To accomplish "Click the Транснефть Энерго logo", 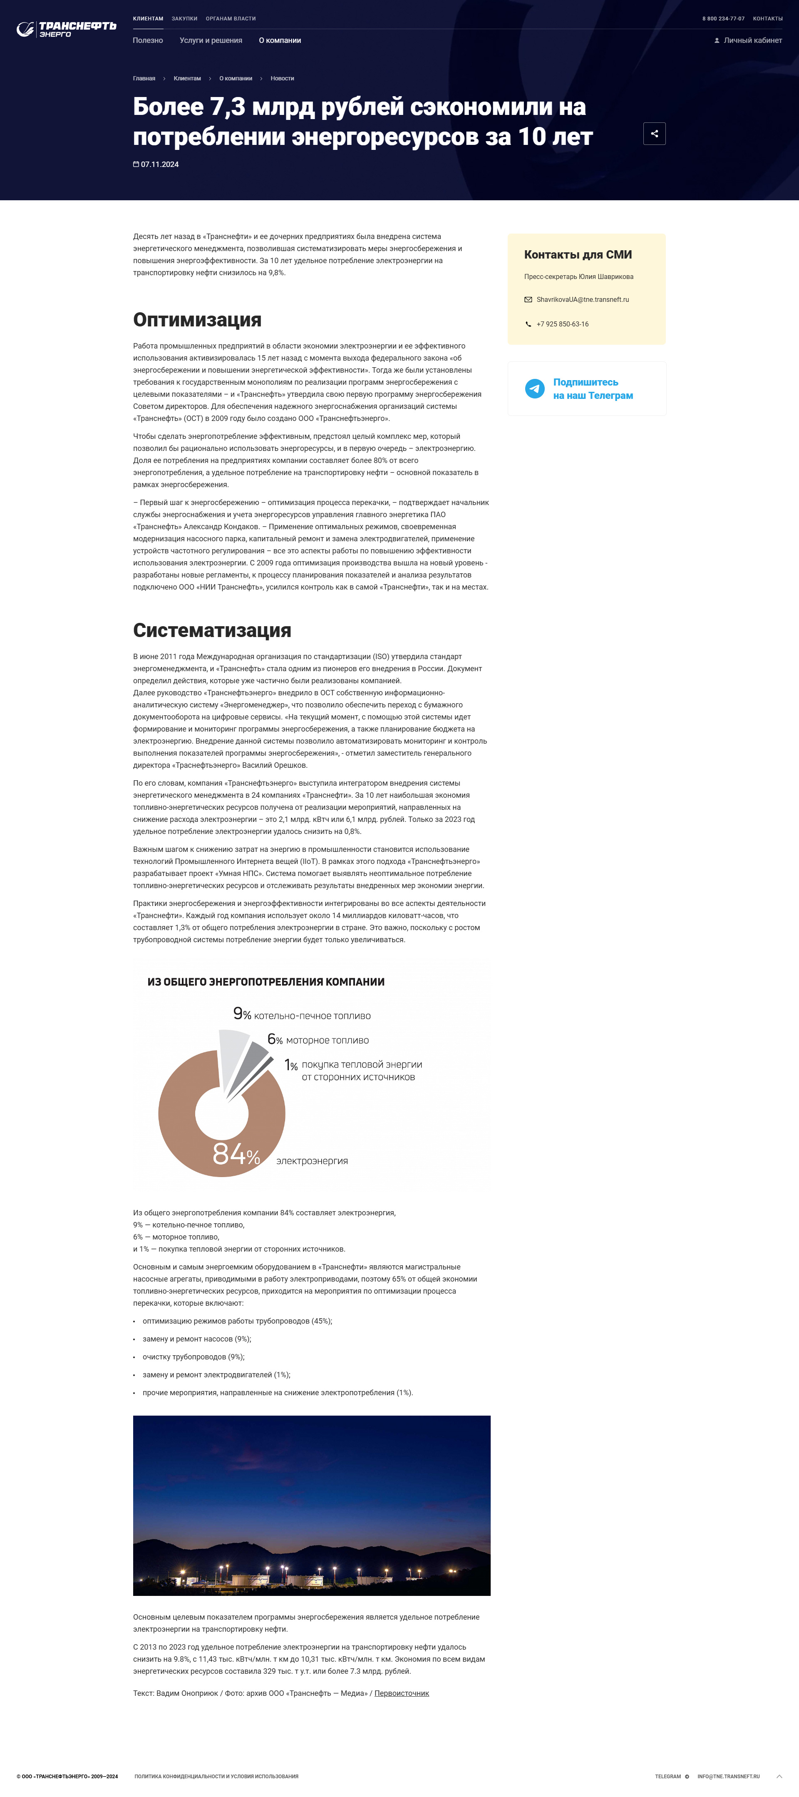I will tap(66, 29).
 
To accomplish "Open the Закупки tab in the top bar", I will tap(184, 19).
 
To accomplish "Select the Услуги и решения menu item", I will tap(211, 40).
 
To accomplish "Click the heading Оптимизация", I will tap(197, 320).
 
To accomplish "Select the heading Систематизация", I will tap(212, 631).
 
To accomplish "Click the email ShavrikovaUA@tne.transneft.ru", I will tap(582, 300).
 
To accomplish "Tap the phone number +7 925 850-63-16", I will tap(562, 324).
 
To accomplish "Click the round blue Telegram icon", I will tap(535, 388).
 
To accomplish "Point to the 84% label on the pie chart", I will tap(236, 1155).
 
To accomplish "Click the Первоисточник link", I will tap(402, 1693).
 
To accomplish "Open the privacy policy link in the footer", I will tap(216, 1776).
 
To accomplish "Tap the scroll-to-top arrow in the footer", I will tap(779, 1776).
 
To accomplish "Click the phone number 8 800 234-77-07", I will tap(723, 19).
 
